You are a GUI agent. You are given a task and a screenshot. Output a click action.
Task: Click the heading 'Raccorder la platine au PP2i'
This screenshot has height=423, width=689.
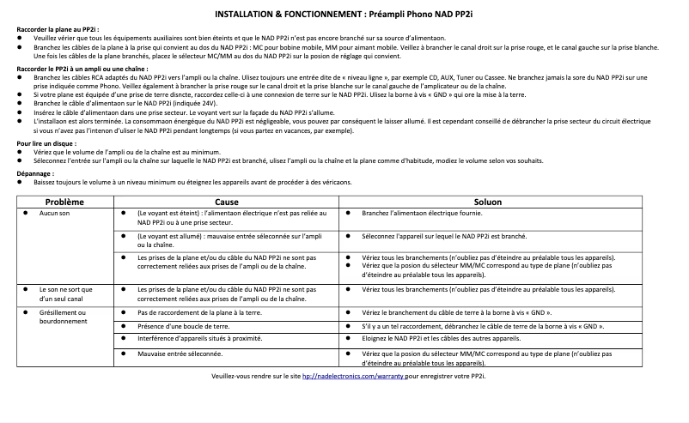tap(52, 30)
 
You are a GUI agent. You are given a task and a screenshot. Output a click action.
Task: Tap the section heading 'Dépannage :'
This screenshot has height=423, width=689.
tap(35, 173)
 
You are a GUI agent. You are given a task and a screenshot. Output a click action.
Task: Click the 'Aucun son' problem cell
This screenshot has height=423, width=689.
tap(54, 213)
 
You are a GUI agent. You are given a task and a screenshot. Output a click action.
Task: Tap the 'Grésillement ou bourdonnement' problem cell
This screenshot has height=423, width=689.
tap(64, 317)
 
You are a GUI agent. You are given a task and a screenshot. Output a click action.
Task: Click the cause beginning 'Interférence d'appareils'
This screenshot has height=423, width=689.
tap(197, 339)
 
